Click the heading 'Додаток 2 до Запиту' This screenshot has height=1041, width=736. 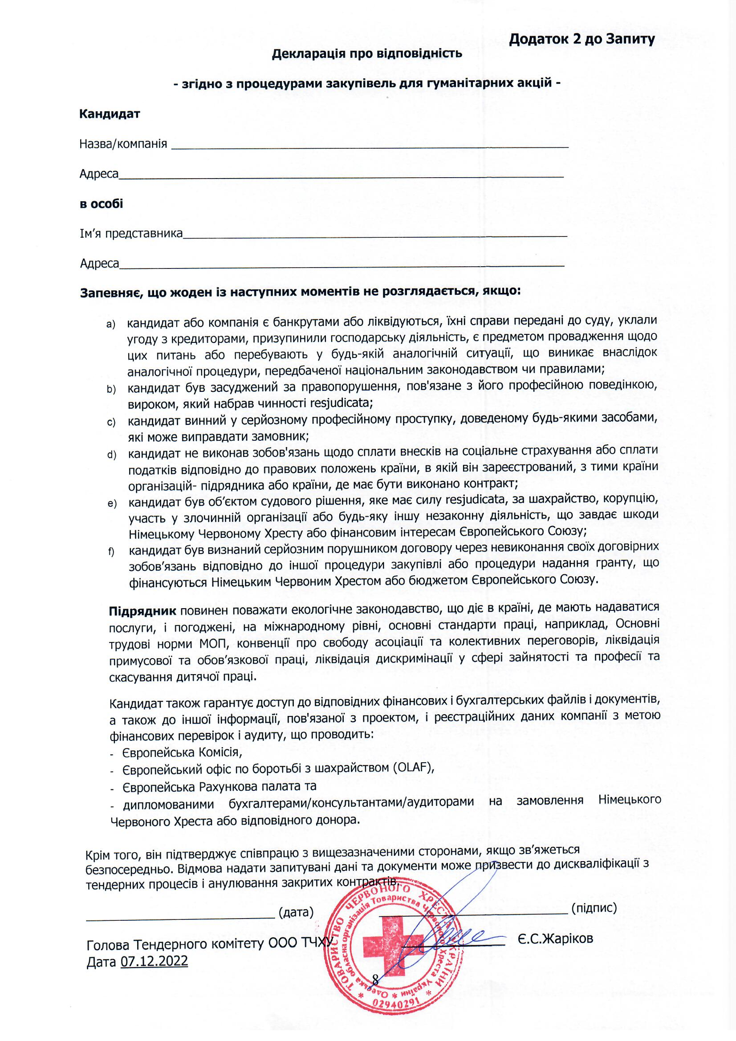581,40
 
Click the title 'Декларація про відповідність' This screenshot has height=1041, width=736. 367,54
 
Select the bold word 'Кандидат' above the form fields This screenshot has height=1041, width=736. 109,114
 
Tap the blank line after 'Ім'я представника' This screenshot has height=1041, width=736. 374,234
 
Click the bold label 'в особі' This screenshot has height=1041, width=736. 101,203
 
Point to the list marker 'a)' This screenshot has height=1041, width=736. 111,324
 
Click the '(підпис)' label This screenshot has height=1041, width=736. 594,908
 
